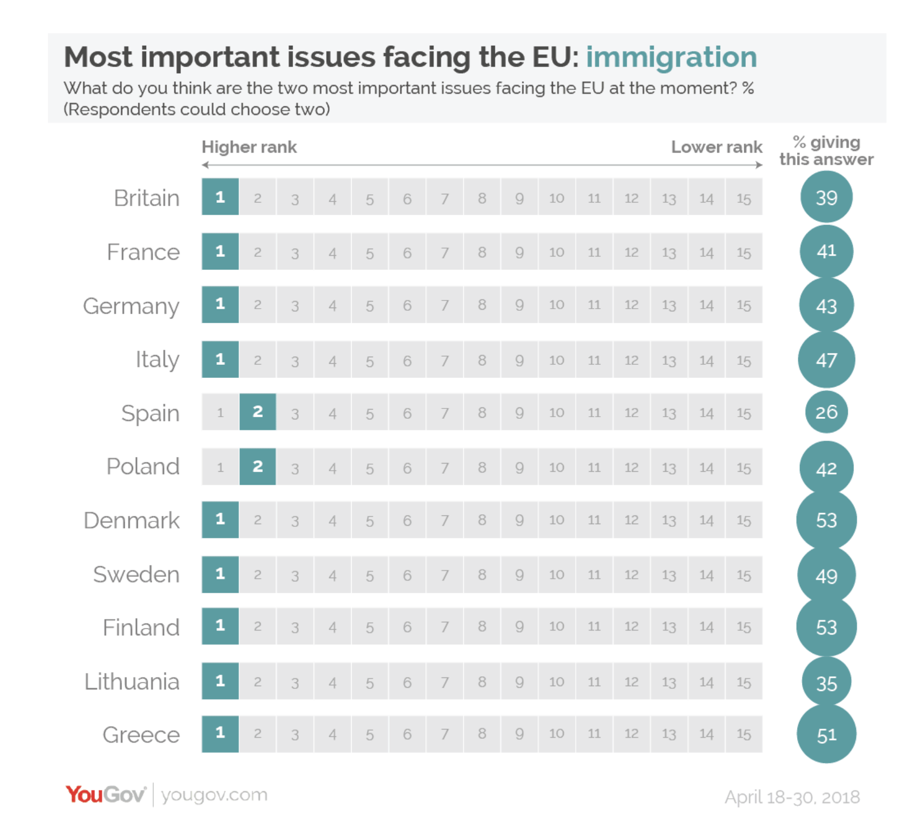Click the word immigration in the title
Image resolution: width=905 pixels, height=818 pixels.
(671, 57)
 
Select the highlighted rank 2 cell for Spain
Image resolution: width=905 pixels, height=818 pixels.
(258, 412)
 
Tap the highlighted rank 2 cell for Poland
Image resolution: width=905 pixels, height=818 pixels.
(258, 467)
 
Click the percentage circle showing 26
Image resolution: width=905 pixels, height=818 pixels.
(826, 412)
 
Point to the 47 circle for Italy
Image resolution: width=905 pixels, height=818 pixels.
(826, 360)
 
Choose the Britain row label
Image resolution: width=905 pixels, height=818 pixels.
(147, 198)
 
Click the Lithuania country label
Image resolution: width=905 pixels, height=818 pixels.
(132, 682)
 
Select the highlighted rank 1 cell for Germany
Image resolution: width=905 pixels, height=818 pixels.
(220, 304)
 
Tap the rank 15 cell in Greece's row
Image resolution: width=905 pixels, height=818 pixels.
(744, 734)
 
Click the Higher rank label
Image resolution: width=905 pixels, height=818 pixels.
(249, 147)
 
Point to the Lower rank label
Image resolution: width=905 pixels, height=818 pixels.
(716, 147)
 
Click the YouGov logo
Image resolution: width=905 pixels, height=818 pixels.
(106, 795)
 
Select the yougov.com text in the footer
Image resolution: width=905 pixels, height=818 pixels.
(214, 795)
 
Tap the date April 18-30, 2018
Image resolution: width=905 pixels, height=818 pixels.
(792, 797)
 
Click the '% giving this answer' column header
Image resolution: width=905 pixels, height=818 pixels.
(826, 151)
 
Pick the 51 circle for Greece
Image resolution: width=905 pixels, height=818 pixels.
(826, 735)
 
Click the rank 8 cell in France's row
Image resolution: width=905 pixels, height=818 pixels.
(482, 252)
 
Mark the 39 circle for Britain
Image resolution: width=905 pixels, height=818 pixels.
(826, 197)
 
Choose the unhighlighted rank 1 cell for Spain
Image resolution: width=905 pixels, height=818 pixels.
(220, 412)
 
